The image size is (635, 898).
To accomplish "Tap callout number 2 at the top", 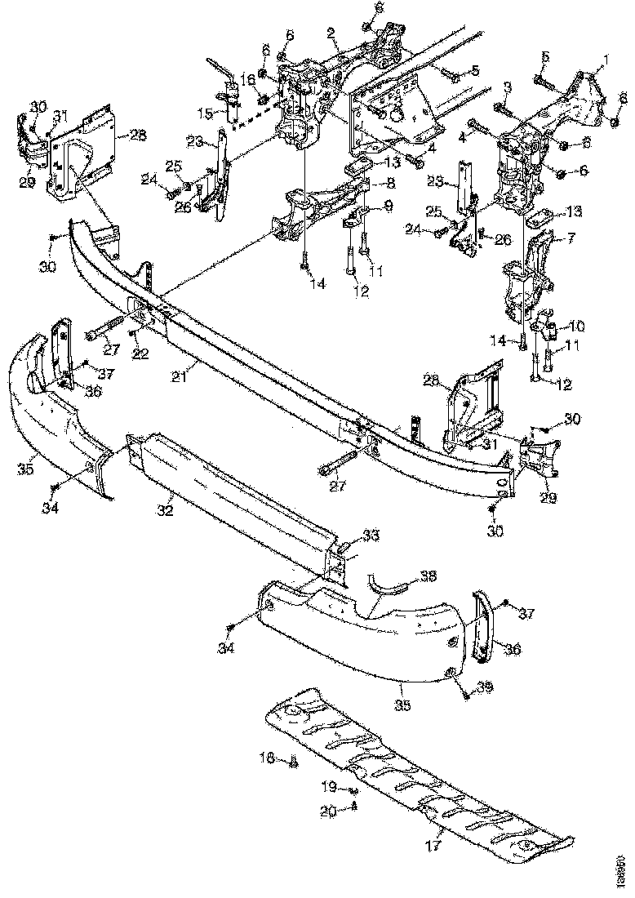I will click(331, 33).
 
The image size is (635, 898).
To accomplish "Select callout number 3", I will click(507, 86).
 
